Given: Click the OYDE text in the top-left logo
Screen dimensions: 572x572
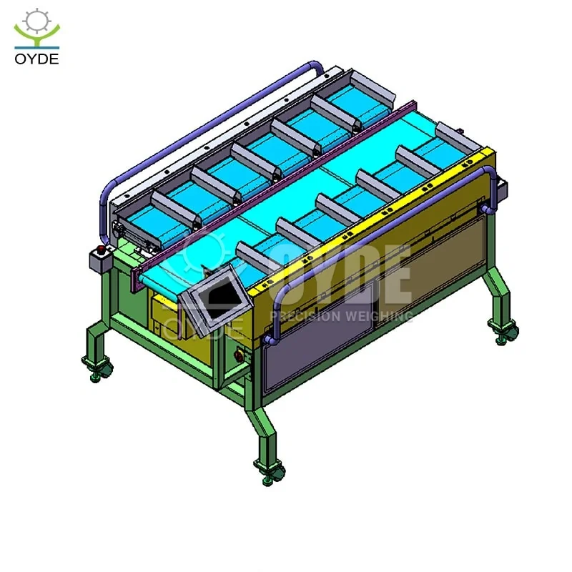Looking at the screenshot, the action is (36, 59).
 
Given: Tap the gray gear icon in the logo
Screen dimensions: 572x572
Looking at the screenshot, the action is (36, 21).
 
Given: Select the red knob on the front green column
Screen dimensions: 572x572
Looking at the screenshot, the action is (240, 355).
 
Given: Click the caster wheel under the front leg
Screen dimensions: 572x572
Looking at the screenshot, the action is (271, 474).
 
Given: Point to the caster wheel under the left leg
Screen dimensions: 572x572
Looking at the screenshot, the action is (97, 369).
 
